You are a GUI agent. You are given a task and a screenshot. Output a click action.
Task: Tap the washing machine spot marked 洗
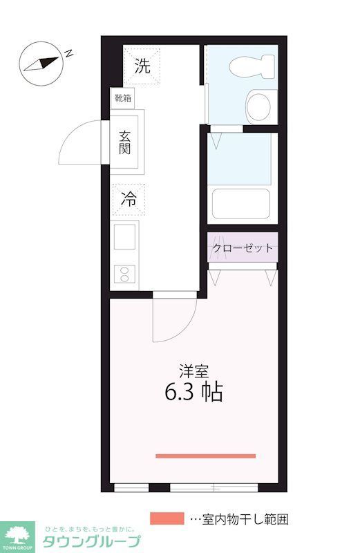[142, 66]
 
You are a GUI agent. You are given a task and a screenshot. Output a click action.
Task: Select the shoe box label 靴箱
[123, 97]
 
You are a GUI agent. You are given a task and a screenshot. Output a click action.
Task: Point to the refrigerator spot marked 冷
[129, 199]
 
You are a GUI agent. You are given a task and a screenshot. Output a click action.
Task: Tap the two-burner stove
[125, 272]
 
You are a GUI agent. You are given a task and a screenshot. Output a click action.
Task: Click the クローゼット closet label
[243, 248]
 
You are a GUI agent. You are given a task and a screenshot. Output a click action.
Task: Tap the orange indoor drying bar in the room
[205, 456]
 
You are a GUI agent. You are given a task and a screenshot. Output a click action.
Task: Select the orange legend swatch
[167, 518]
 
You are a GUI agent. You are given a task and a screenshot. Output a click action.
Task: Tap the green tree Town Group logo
[19, 534]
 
